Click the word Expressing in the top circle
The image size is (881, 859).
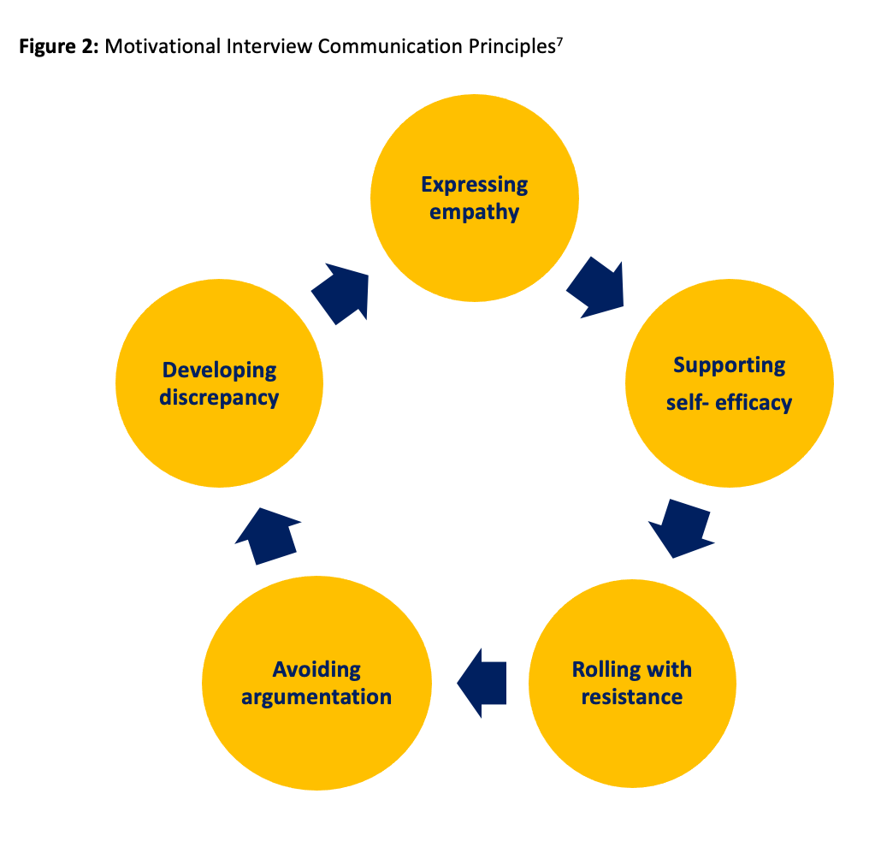[475, 185]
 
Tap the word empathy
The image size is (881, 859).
[475, 211]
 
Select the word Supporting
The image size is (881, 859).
[729, 365]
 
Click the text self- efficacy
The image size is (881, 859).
[729, 402]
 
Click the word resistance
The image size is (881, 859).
[632, 696]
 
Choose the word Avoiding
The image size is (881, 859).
[316, 669]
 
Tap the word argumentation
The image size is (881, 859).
[316, 696]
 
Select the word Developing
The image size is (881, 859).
[220, 370]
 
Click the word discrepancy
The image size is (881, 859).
[220, 398]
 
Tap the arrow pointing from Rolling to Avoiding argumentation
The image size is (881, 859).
[483, 682]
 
